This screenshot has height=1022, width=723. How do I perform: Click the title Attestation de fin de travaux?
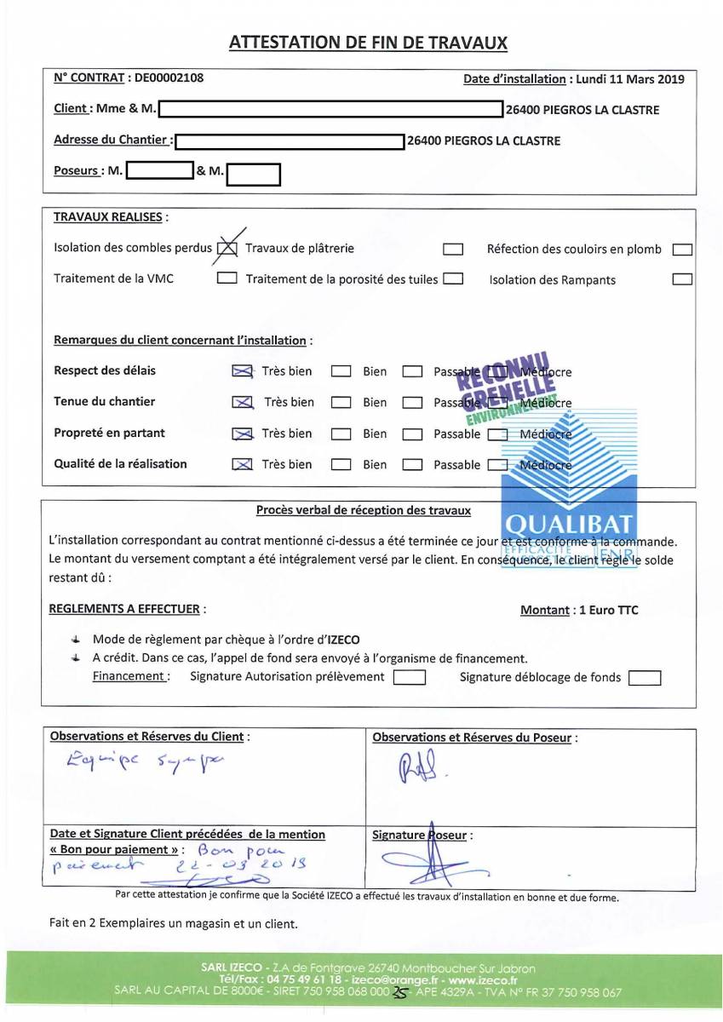(x=368, y=43)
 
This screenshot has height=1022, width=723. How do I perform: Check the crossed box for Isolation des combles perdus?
(x=227, y=249)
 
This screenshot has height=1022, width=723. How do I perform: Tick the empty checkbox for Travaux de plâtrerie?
(x=453, y=250)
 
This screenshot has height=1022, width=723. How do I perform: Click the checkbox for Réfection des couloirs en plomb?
(x=682, y=250)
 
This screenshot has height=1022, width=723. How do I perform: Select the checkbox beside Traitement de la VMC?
(x=227, y=278)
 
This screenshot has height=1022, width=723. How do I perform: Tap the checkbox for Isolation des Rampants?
(x=682, y=279)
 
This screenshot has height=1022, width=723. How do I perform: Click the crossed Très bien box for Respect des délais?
(x=242, y=371)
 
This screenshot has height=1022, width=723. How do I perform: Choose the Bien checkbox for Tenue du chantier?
(x=341, y=403)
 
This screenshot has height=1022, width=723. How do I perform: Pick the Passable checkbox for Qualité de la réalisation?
(x=412, y=465)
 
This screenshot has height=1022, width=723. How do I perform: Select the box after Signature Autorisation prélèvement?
(x=410, y=678)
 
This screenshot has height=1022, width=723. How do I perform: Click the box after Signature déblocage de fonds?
(x=645, y=679)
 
